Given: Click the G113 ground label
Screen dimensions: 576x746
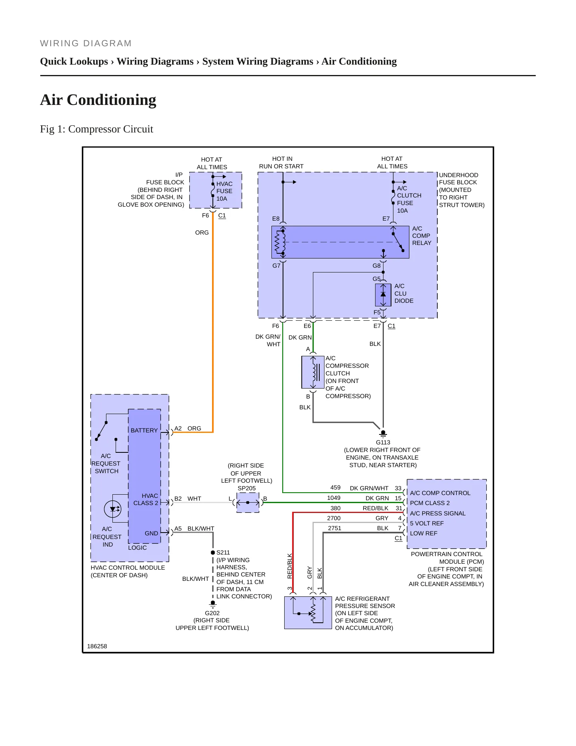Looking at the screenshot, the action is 383,442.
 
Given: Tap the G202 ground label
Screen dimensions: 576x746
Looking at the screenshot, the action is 212,613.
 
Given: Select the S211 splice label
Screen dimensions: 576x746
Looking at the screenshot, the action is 223,553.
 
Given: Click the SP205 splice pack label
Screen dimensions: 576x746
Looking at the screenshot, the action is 247,488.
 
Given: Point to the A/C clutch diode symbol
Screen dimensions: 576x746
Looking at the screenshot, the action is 383,295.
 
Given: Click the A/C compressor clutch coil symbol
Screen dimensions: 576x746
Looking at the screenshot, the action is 313,372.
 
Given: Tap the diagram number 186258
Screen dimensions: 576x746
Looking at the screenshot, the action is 97,646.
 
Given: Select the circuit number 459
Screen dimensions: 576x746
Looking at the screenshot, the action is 336,487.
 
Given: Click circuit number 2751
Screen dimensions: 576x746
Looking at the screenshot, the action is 334,528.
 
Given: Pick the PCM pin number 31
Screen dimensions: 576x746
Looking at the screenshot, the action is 399,508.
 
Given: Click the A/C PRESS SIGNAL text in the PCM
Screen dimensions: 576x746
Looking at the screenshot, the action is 438,513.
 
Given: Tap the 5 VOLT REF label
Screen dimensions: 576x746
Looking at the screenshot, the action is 427,523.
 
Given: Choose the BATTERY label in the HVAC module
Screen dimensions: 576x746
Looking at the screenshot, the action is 144,430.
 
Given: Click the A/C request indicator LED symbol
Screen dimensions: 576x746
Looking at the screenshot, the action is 113,509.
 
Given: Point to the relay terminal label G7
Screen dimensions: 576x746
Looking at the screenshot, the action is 276,266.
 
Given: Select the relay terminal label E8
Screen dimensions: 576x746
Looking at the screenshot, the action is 276,219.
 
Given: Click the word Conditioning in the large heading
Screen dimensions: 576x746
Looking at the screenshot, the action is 112,100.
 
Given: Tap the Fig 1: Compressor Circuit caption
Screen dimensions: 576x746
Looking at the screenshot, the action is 96,129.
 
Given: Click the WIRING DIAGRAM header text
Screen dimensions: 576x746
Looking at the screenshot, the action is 86,43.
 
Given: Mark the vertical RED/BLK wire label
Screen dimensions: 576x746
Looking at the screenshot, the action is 290,566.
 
